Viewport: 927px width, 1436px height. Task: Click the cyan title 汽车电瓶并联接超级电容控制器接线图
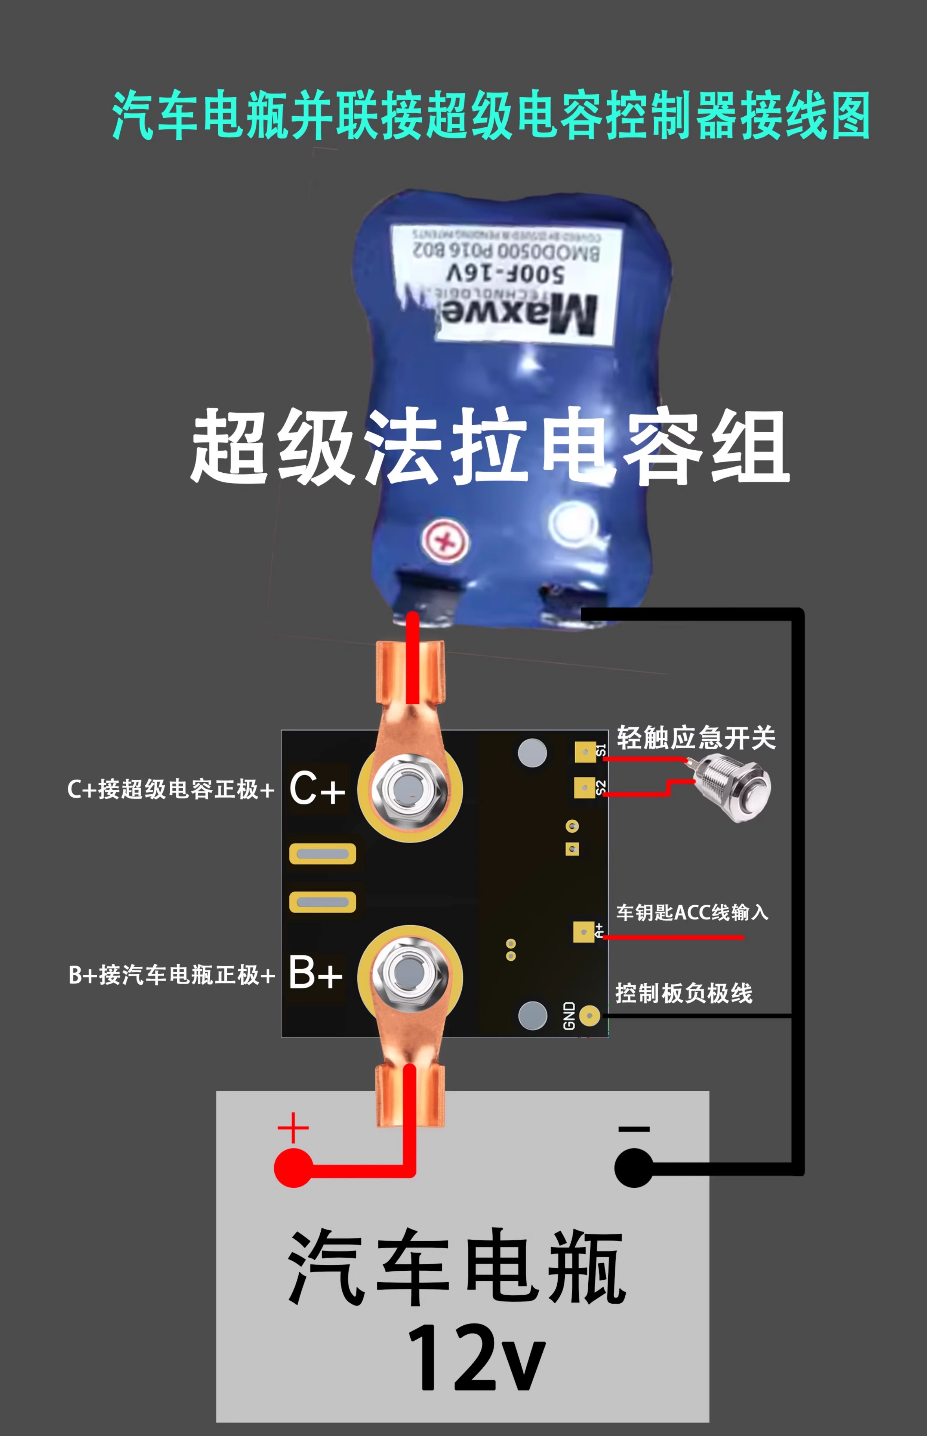pos(490,116)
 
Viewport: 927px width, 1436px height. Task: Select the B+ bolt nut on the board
pos(409,971)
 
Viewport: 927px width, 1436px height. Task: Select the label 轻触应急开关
pos(696,737)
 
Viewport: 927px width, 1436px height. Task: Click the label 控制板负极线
pos(684,993)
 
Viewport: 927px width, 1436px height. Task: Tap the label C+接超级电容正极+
pos(171,789)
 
